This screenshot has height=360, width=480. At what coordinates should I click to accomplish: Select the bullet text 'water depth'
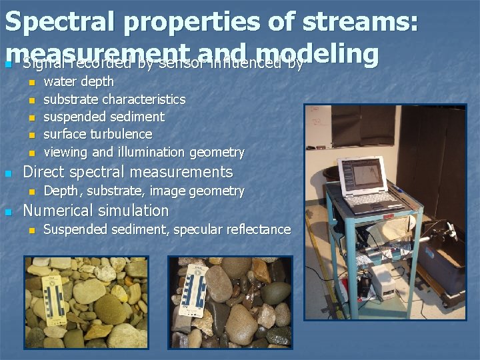79,81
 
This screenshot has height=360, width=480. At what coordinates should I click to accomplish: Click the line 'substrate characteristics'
115,99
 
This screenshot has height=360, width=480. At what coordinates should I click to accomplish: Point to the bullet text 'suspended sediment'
104,117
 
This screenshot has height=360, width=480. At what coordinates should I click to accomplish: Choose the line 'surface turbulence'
98,134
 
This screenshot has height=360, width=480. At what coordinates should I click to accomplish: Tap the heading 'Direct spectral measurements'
128,172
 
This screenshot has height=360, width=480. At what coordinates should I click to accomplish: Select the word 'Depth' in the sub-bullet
59,191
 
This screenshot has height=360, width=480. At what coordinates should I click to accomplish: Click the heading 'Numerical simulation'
96,211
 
